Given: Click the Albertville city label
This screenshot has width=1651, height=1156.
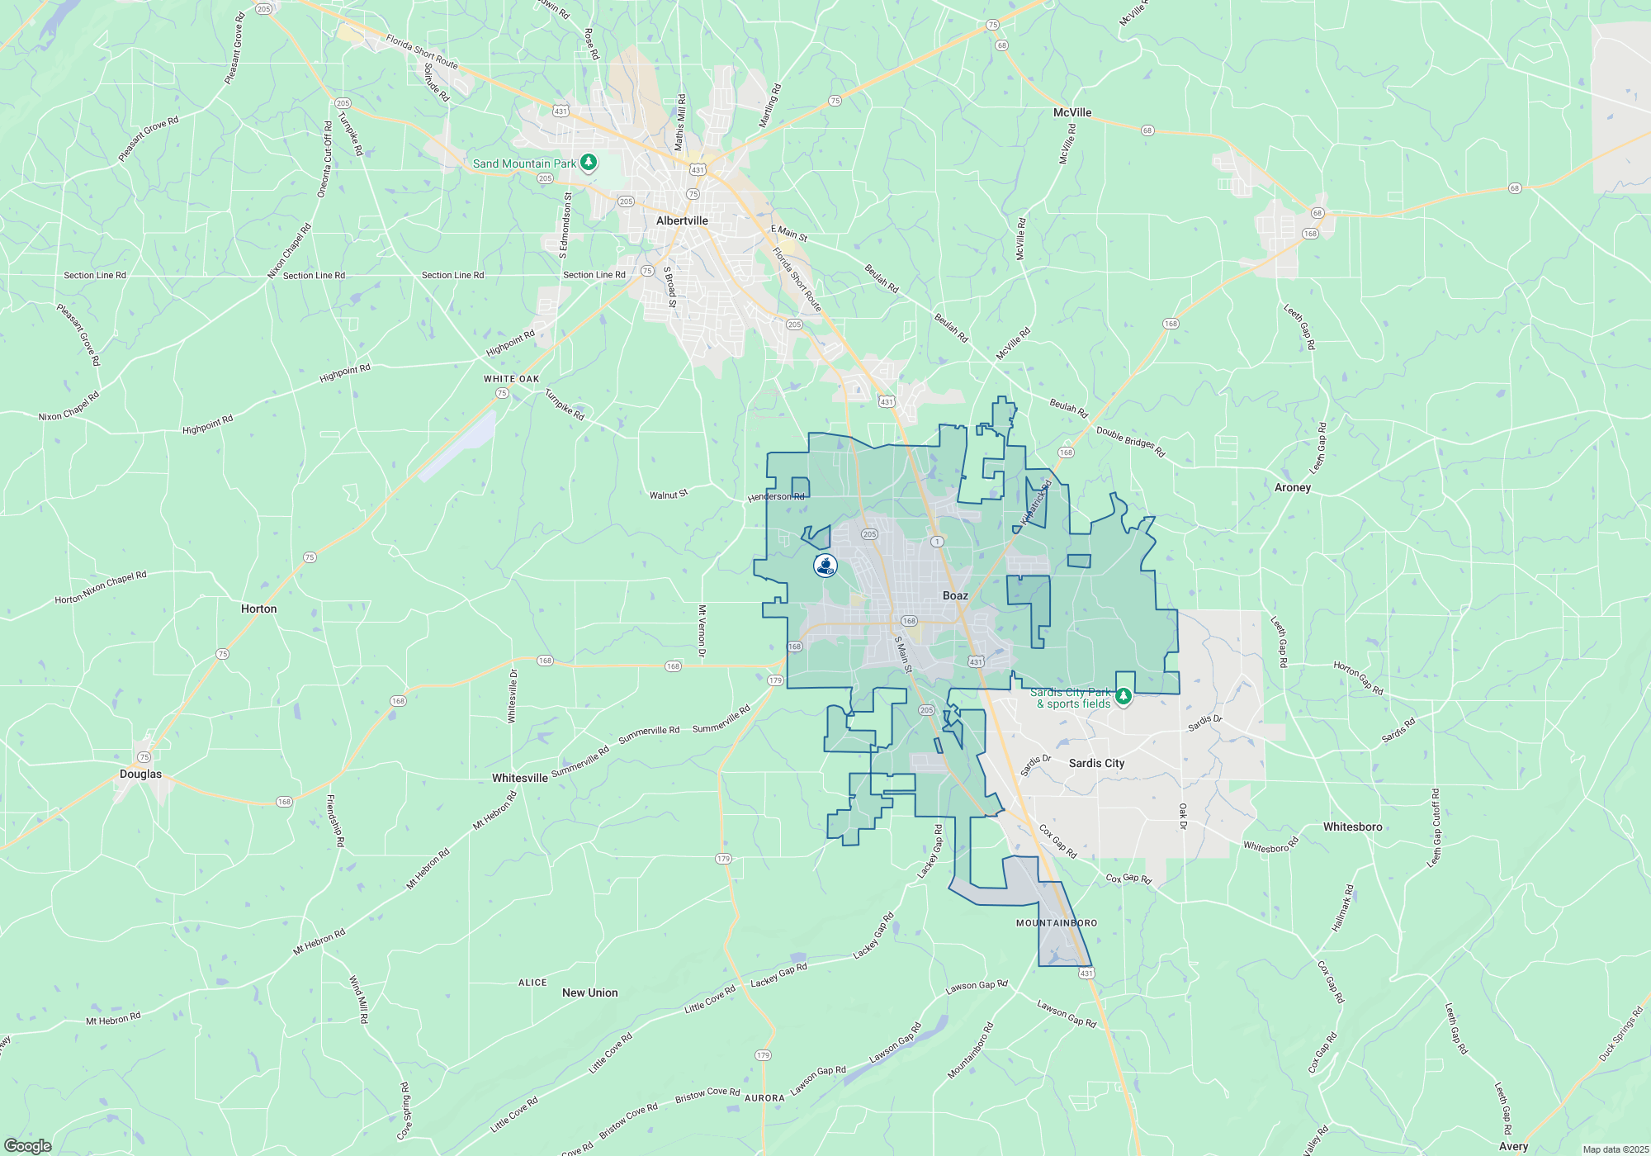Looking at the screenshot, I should [682, 220].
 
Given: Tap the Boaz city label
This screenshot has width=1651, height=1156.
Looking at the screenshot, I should [955, 595].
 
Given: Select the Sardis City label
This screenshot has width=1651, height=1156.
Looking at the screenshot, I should [1096, 763].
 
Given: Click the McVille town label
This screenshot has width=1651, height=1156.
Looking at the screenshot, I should [1072, 112].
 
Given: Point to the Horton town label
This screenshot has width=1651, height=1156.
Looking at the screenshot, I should [258, 609].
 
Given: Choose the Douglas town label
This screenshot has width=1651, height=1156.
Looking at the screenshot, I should [140, 774].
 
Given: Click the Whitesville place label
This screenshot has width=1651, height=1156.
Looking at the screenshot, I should [519, 778].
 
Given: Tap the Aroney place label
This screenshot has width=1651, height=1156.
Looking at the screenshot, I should [1292, 487].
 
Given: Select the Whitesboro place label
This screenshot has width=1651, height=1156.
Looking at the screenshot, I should [1352, 827].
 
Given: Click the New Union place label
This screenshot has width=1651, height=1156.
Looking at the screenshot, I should [589, 993].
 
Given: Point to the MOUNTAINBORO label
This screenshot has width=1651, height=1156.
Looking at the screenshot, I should [1057, 923].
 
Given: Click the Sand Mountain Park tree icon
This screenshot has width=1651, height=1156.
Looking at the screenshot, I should [589, 162].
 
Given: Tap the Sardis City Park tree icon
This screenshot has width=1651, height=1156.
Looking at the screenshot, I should [1123, 696].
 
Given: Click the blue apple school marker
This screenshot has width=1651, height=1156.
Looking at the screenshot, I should [825, 565].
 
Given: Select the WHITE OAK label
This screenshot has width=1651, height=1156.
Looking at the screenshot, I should [511, 379].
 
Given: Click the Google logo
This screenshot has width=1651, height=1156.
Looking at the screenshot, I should [28, 1146].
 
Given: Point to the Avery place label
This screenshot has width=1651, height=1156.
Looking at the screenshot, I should [1513, 1146].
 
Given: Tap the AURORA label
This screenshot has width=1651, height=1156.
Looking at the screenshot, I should [764, 1098].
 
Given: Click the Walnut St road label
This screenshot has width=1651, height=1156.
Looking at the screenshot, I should [668, 495].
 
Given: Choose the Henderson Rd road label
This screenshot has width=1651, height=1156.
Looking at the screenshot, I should [775, 497].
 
